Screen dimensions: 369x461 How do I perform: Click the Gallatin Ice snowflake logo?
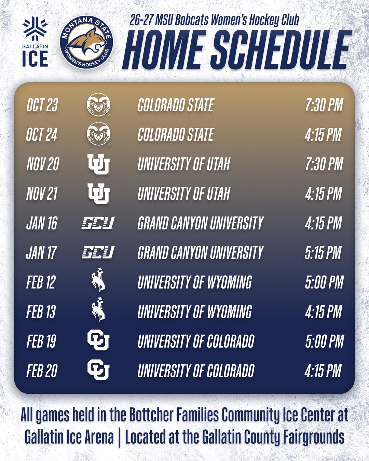(35, 30)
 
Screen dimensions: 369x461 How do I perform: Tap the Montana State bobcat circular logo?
(86, 42)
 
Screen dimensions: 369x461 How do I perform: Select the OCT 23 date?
(42, 105)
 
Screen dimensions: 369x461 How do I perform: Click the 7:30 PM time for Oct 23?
(324, 105)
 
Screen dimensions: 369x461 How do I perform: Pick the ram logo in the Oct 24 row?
(98, 134)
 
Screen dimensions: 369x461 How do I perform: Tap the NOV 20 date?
(43, 164)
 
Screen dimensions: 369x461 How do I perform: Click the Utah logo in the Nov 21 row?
(98, 193)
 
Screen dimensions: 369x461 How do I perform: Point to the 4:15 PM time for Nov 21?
(323, 194)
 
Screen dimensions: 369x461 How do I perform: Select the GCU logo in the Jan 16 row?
(98, 223)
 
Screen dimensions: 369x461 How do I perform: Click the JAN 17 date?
(41, 253)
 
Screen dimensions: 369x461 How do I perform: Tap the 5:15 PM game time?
(323, 253)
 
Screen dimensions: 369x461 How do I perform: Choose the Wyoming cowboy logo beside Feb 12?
(98, 280)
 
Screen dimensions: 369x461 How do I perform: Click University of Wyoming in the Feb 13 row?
(195, 312)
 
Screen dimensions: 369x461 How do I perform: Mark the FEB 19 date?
(41, 341)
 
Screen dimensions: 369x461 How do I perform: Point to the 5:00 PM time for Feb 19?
(325, 341)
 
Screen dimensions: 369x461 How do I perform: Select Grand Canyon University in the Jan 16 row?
(200, 223)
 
